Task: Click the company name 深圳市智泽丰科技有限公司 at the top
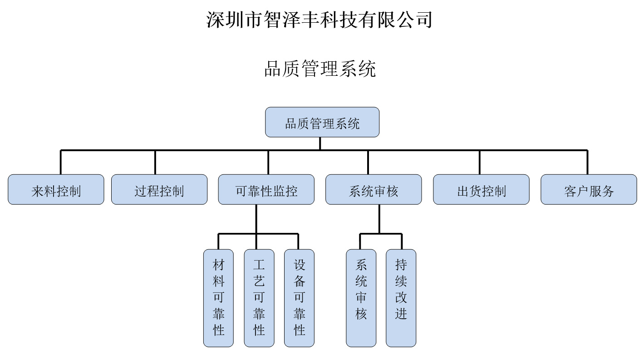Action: [x=319, y=20]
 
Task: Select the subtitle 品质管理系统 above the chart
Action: [x=320, y=69]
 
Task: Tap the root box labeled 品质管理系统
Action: [x=322, y=122]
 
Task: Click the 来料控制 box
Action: [x=56, y=189]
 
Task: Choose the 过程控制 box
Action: [x=159, y=189]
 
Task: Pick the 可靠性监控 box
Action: [x=266, y=189]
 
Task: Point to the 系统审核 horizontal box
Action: [x=374, y=189]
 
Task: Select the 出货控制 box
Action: [x=481, y=189]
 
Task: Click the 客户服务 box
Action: [x=589, y=189]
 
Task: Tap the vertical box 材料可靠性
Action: [x=218, y=298]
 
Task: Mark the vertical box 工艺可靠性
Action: [x=259, y=298]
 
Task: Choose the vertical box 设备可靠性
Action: [x=299, y=298]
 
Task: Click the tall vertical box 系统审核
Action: [x=361, y=298]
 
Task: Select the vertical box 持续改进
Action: [x=401, y=298]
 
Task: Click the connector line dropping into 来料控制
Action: [x=61, y=162]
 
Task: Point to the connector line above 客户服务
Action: [x=587, y=162]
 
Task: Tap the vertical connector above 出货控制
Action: [x=480, y=162]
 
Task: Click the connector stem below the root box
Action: [x=320, y=143]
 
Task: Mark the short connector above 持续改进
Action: [x=402, y=242]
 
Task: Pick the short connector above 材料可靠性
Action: [x=218, y=242]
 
